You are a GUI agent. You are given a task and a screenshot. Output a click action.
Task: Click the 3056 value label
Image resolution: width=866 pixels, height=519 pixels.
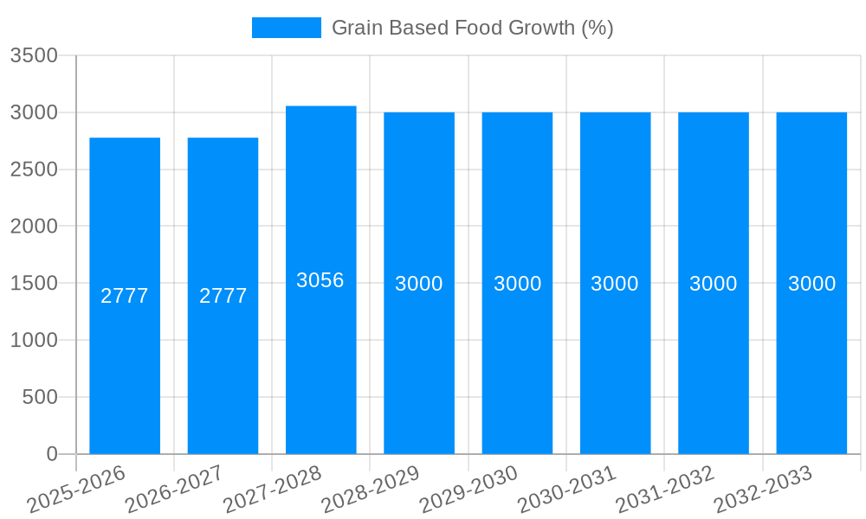[320, 280]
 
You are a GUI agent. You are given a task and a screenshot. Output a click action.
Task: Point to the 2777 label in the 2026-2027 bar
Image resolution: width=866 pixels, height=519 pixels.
[223, 296]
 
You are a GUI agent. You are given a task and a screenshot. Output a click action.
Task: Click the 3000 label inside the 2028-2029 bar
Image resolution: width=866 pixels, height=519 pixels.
[419, 284]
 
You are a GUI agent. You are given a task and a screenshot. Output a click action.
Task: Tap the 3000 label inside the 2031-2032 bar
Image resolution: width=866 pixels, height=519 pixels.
[713, 284]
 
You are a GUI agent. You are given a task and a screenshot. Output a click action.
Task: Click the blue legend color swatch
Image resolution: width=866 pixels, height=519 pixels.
[286, 28]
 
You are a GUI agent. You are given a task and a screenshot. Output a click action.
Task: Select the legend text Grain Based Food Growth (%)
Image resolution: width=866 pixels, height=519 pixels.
[472, 28]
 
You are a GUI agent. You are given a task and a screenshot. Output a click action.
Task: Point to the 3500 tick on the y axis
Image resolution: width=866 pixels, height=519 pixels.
[34, 56]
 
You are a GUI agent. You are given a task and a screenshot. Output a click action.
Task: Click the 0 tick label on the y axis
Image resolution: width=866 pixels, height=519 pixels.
[52, 454]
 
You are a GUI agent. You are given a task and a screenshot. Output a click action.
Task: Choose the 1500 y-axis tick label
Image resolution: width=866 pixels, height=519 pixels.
[34, 284]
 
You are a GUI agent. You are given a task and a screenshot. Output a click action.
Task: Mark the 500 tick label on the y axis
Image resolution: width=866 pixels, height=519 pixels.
[40, 397]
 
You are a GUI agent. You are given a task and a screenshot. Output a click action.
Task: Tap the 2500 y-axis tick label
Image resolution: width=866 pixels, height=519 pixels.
[34, 170]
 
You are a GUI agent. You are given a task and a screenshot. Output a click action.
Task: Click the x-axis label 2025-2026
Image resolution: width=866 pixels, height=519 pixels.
[77, 490]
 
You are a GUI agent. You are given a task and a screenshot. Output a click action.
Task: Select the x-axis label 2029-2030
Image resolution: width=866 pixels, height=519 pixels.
[469, 490]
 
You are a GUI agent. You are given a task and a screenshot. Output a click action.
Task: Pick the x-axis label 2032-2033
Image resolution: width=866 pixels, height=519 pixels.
[763, 490]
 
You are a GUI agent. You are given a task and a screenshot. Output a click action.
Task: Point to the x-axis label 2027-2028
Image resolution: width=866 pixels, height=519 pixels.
[273, 490]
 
